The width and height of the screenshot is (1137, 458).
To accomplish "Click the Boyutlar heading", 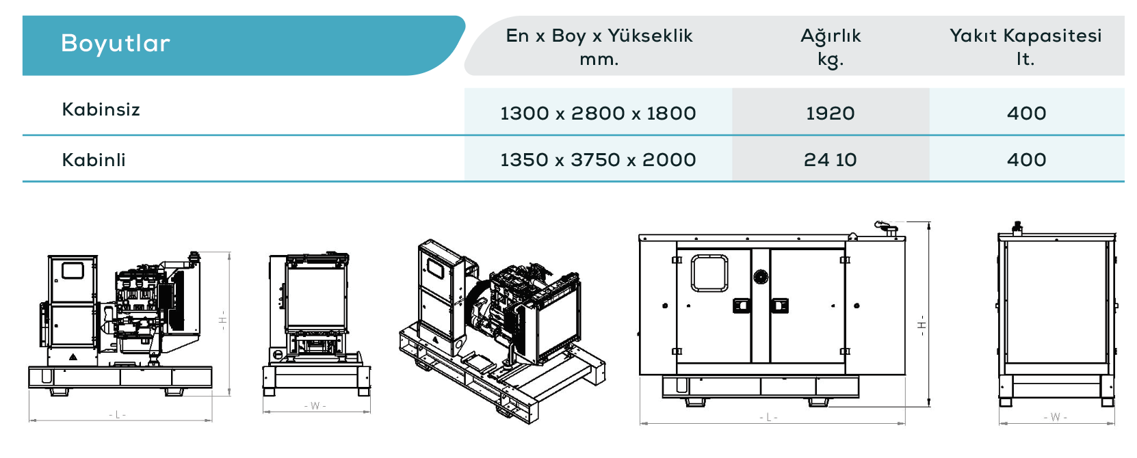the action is click(115, 43).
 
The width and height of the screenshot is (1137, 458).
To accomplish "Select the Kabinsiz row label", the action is click(101, 109).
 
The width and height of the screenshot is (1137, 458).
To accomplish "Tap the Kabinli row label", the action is click(94, 160).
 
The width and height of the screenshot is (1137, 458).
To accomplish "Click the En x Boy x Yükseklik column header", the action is click(599, 47).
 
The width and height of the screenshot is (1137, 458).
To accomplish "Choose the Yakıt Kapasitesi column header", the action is click(1025, 47).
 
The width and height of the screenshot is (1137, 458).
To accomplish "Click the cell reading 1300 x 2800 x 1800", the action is click(598, 113).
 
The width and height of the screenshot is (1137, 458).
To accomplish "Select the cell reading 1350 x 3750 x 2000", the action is click(598, 160).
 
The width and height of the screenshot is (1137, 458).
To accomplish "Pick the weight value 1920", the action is click(831, 113).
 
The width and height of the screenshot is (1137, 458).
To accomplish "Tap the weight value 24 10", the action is click(831, 160).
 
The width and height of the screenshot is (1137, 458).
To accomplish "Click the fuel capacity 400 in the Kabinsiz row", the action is click(1026, 113).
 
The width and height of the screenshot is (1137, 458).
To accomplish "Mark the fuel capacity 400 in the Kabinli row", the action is click(1026, 160).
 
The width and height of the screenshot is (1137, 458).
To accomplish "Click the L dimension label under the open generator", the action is click(117, 415).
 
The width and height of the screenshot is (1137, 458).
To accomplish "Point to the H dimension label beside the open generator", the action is click(222, 320).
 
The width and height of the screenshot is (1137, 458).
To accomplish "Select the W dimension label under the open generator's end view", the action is click(315, 406).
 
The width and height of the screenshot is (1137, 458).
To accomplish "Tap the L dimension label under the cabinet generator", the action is click(768, 418).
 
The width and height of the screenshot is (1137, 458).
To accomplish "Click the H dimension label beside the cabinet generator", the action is click(922, 325).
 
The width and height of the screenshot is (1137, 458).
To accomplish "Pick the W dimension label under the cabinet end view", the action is click(1056, 417).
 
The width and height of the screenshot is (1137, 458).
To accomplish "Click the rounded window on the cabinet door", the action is click(709, 273).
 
